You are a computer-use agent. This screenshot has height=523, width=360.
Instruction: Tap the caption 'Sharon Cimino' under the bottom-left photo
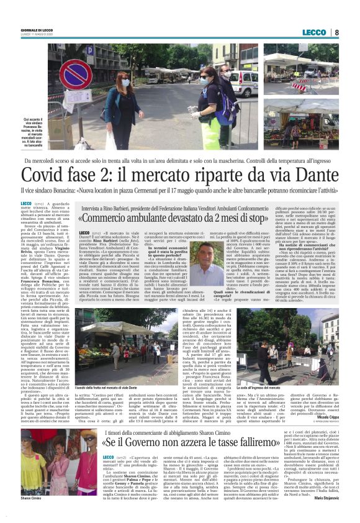coord(31,515)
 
